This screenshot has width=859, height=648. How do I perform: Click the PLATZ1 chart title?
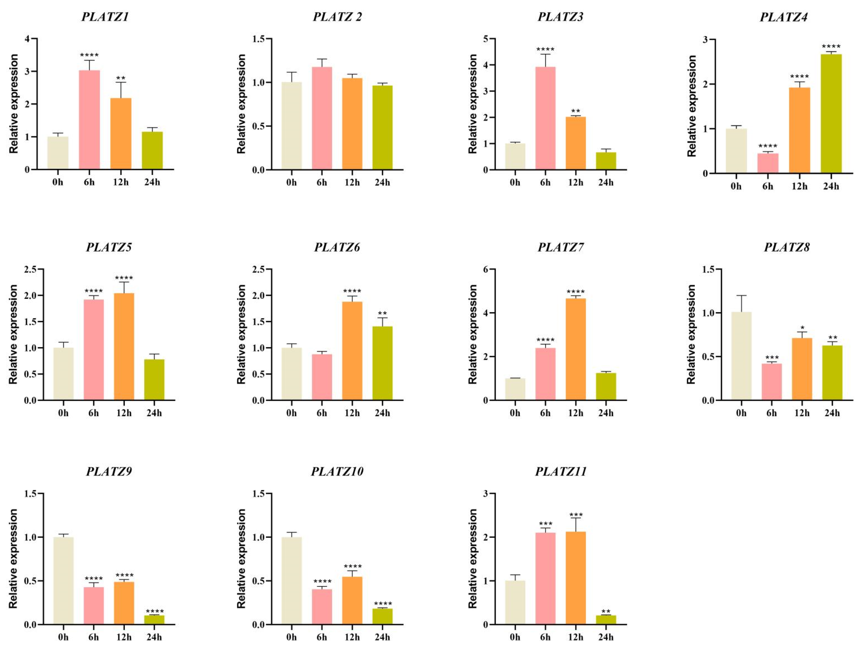click(x=105, y=17)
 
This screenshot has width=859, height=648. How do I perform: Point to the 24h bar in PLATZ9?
click(x=154, y=620)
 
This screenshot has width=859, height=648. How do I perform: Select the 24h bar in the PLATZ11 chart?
click(x=606, y=620)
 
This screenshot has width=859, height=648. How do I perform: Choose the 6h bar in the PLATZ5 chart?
click(x=94, y=349)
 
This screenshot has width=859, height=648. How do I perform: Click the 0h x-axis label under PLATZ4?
click(x=736, y=186)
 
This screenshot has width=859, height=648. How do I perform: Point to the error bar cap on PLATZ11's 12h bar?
click(x=575, y=518)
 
